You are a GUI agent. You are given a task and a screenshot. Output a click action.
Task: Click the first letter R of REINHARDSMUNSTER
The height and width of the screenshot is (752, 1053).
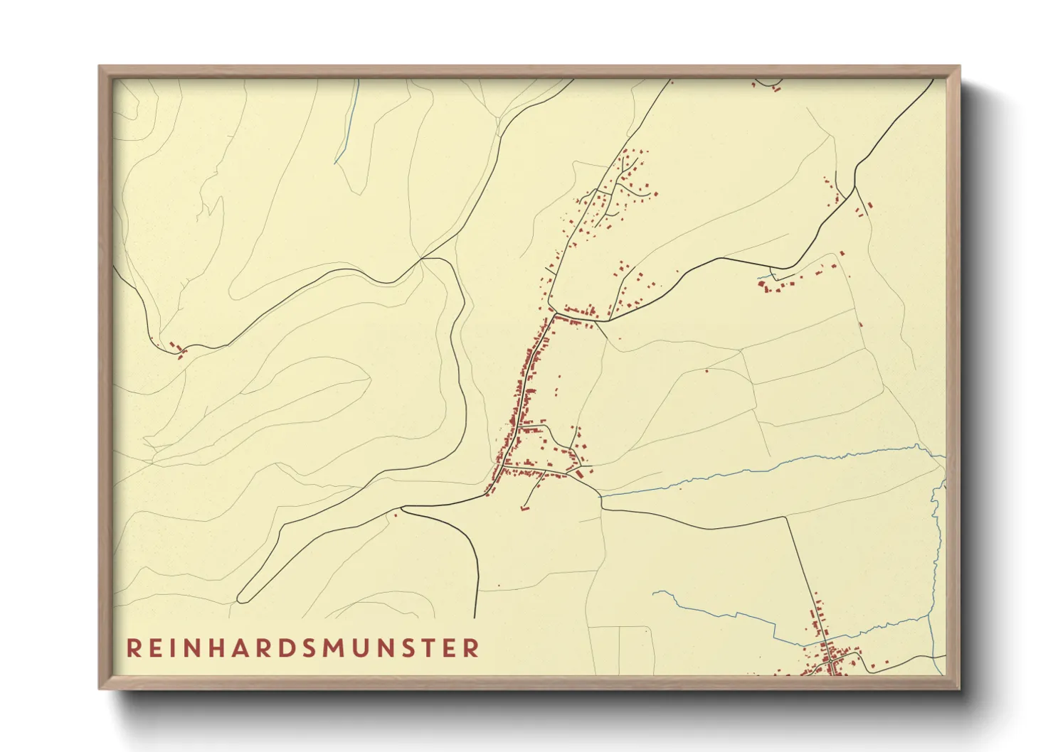pos(133,648)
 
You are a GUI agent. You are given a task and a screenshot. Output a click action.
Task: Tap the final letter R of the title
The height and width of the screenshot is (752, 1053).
pos(471,648)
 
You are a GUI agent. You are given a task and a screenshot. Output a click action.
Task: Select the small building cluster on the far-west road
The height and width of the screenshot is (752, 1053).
pos(176,349)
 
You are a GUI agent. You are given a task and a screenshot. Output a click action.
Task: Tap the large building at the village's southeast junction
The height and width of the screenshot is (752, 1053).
pos(580,473)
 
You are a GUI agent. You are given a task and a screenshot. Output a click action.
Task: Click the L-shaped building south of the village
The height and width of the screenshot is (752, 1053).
pos(526,507)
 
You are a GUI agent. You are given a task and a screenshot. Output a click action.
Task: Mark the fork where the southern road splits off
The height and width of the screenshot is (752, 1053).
pos(403,508)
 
